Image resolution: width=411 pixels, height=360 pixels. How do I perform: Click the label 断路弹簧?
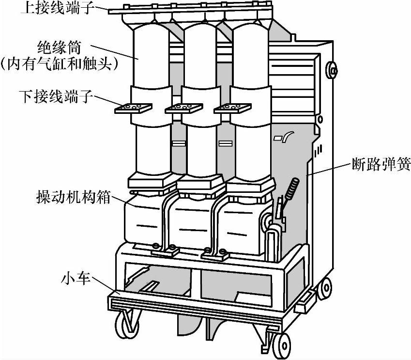click(381, 165)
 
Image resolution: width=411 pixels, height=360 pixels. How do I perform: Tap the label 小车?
click(76, 279)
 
